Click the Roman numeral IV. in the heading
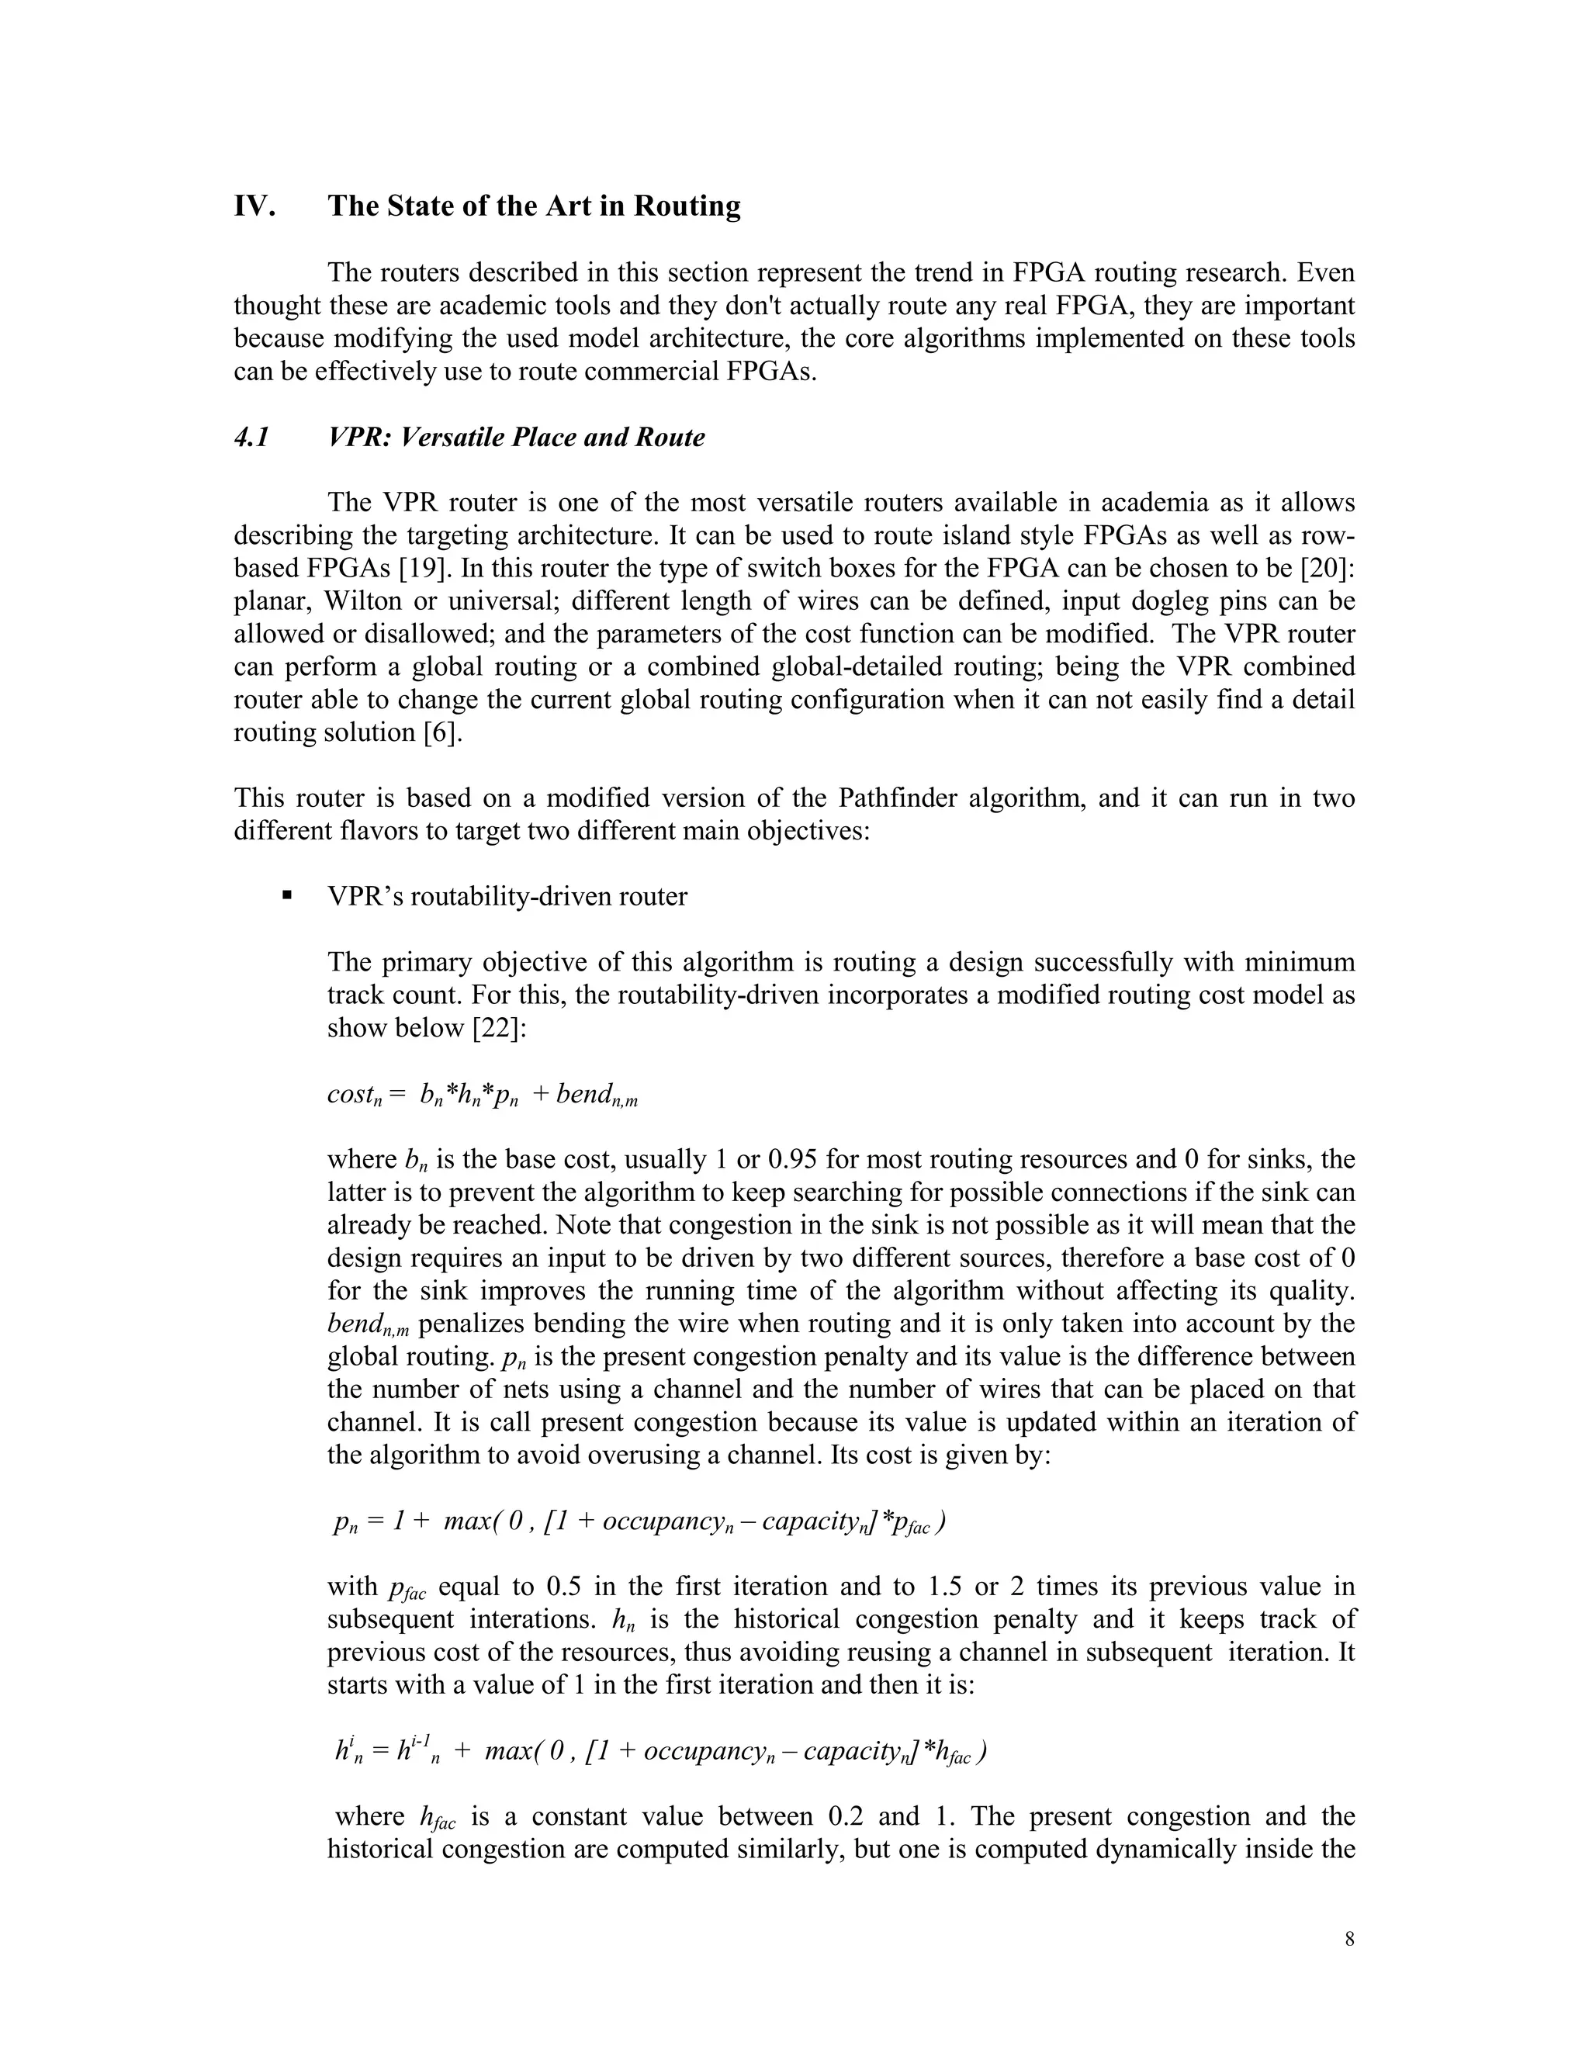pyautogui.click(x=254, y=206)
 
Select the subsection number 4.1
pyautogui.click(x=251, y=438)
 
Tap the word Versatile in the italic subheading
pyautogui.click(x=451, y=438)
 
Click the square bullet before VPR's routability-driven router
pyautogui.click(x=287, y=895)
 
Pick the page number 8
pyautogui.click(x=1350, y=1940)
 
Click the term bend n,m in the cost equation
pyautogui.click(x=596, y=1095)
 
